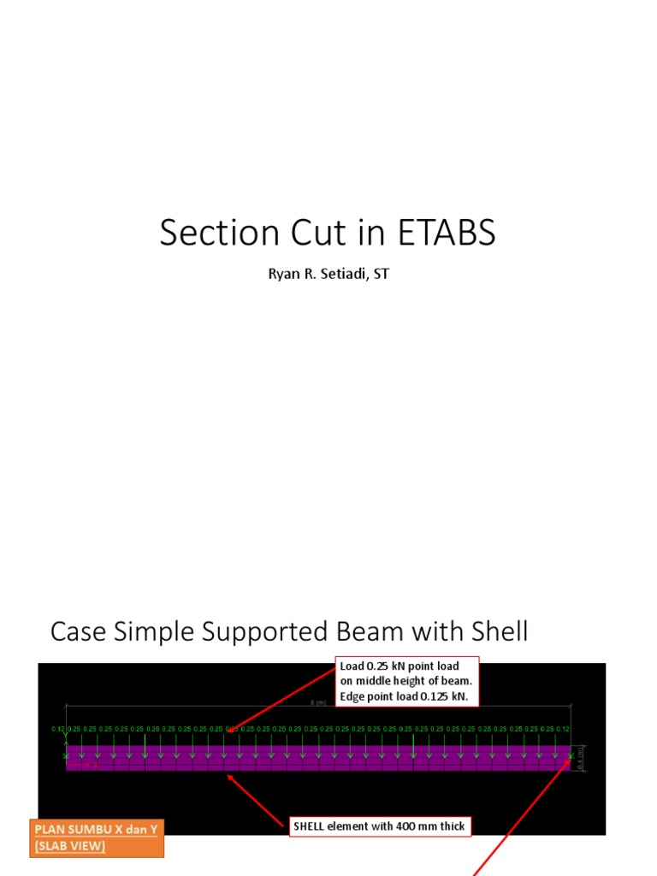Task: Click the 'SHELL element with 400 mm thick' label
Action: pos(379,826)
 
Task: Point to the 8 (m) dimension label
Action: pos(318,702)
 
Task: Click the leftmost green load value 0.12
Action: pos(58,729)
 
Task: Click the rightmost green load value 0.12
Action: pos(563,729)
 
